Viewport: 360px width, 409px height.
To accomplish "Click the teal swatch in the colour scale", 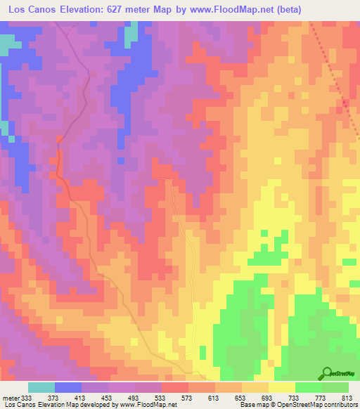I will pyautogui.click(x=41, y=387).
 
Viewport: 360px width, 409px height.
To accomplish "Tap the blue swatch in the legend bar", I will pyautogui.click(x=68, y=387).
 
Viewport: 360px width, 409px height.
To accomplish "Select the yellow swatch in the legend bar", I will pyautogui.click(x=282, y=387).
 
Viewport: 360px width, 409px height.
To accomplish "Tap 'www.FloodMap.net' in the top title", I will pyautogui.click(x=248, y=9).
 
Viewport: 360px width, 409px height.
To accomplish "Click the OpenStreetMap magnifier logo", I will pyautogui.click(x=327, y=373).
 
